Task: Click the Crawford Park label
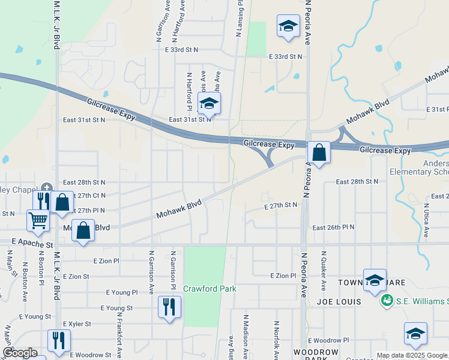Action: [209, 289]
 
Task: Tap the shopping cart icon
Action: [38, 220]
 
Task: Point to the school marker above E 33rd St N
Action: [288, 26]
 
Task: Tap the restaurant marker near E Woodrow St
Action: [59, 340]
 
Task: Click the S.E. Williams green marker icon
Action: [387, 299]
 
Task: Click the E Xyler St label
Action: [75, 323]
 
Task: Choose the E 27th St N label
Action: [282, 205]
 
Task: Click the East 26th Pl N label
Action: [334, 228]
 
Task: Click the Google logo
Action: [20, 353]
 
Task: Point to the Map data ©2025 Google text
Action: [411, 355]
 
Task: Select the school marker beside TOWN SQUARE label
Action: [375, 280]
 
